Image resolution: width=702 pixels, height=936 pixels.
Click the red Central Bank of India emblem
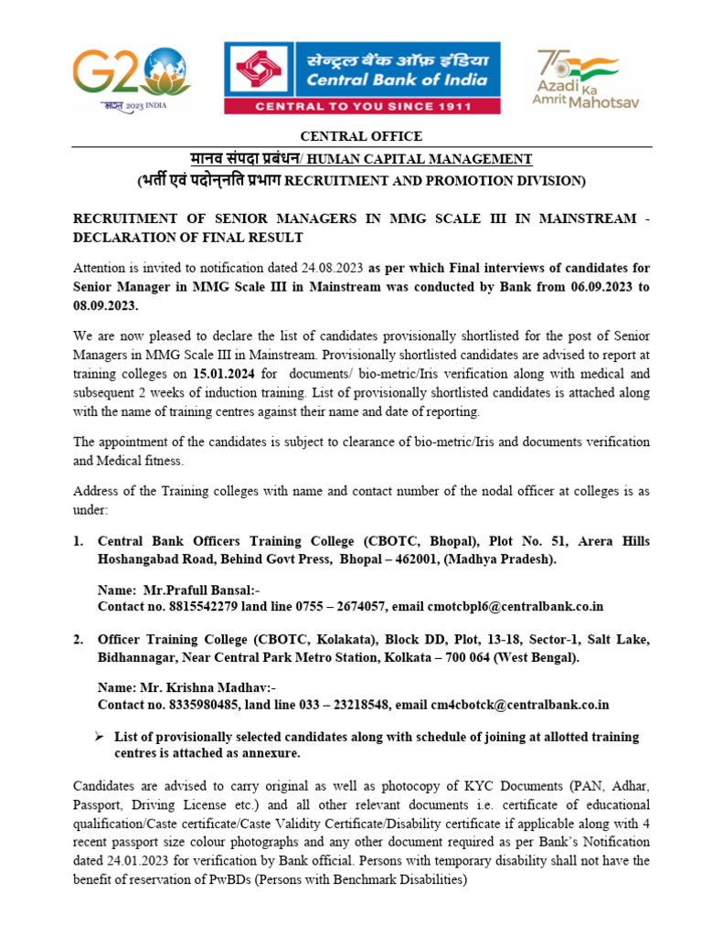tap(261, 71)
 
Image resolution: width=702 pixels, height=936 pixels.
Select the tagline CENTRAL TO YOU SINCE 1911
tap(363, 107)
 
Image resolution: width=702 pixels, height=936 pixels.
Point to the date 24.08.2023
tap(333, 268)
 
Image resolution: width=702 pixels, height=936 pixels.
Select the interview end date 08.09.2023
tap(105, 304)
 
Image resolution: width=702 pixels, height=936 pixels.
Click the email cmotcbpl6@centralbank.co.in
tap(517, 606)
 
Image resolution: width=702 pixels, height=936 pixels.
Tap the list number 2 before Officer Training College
tap(79, 640)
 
